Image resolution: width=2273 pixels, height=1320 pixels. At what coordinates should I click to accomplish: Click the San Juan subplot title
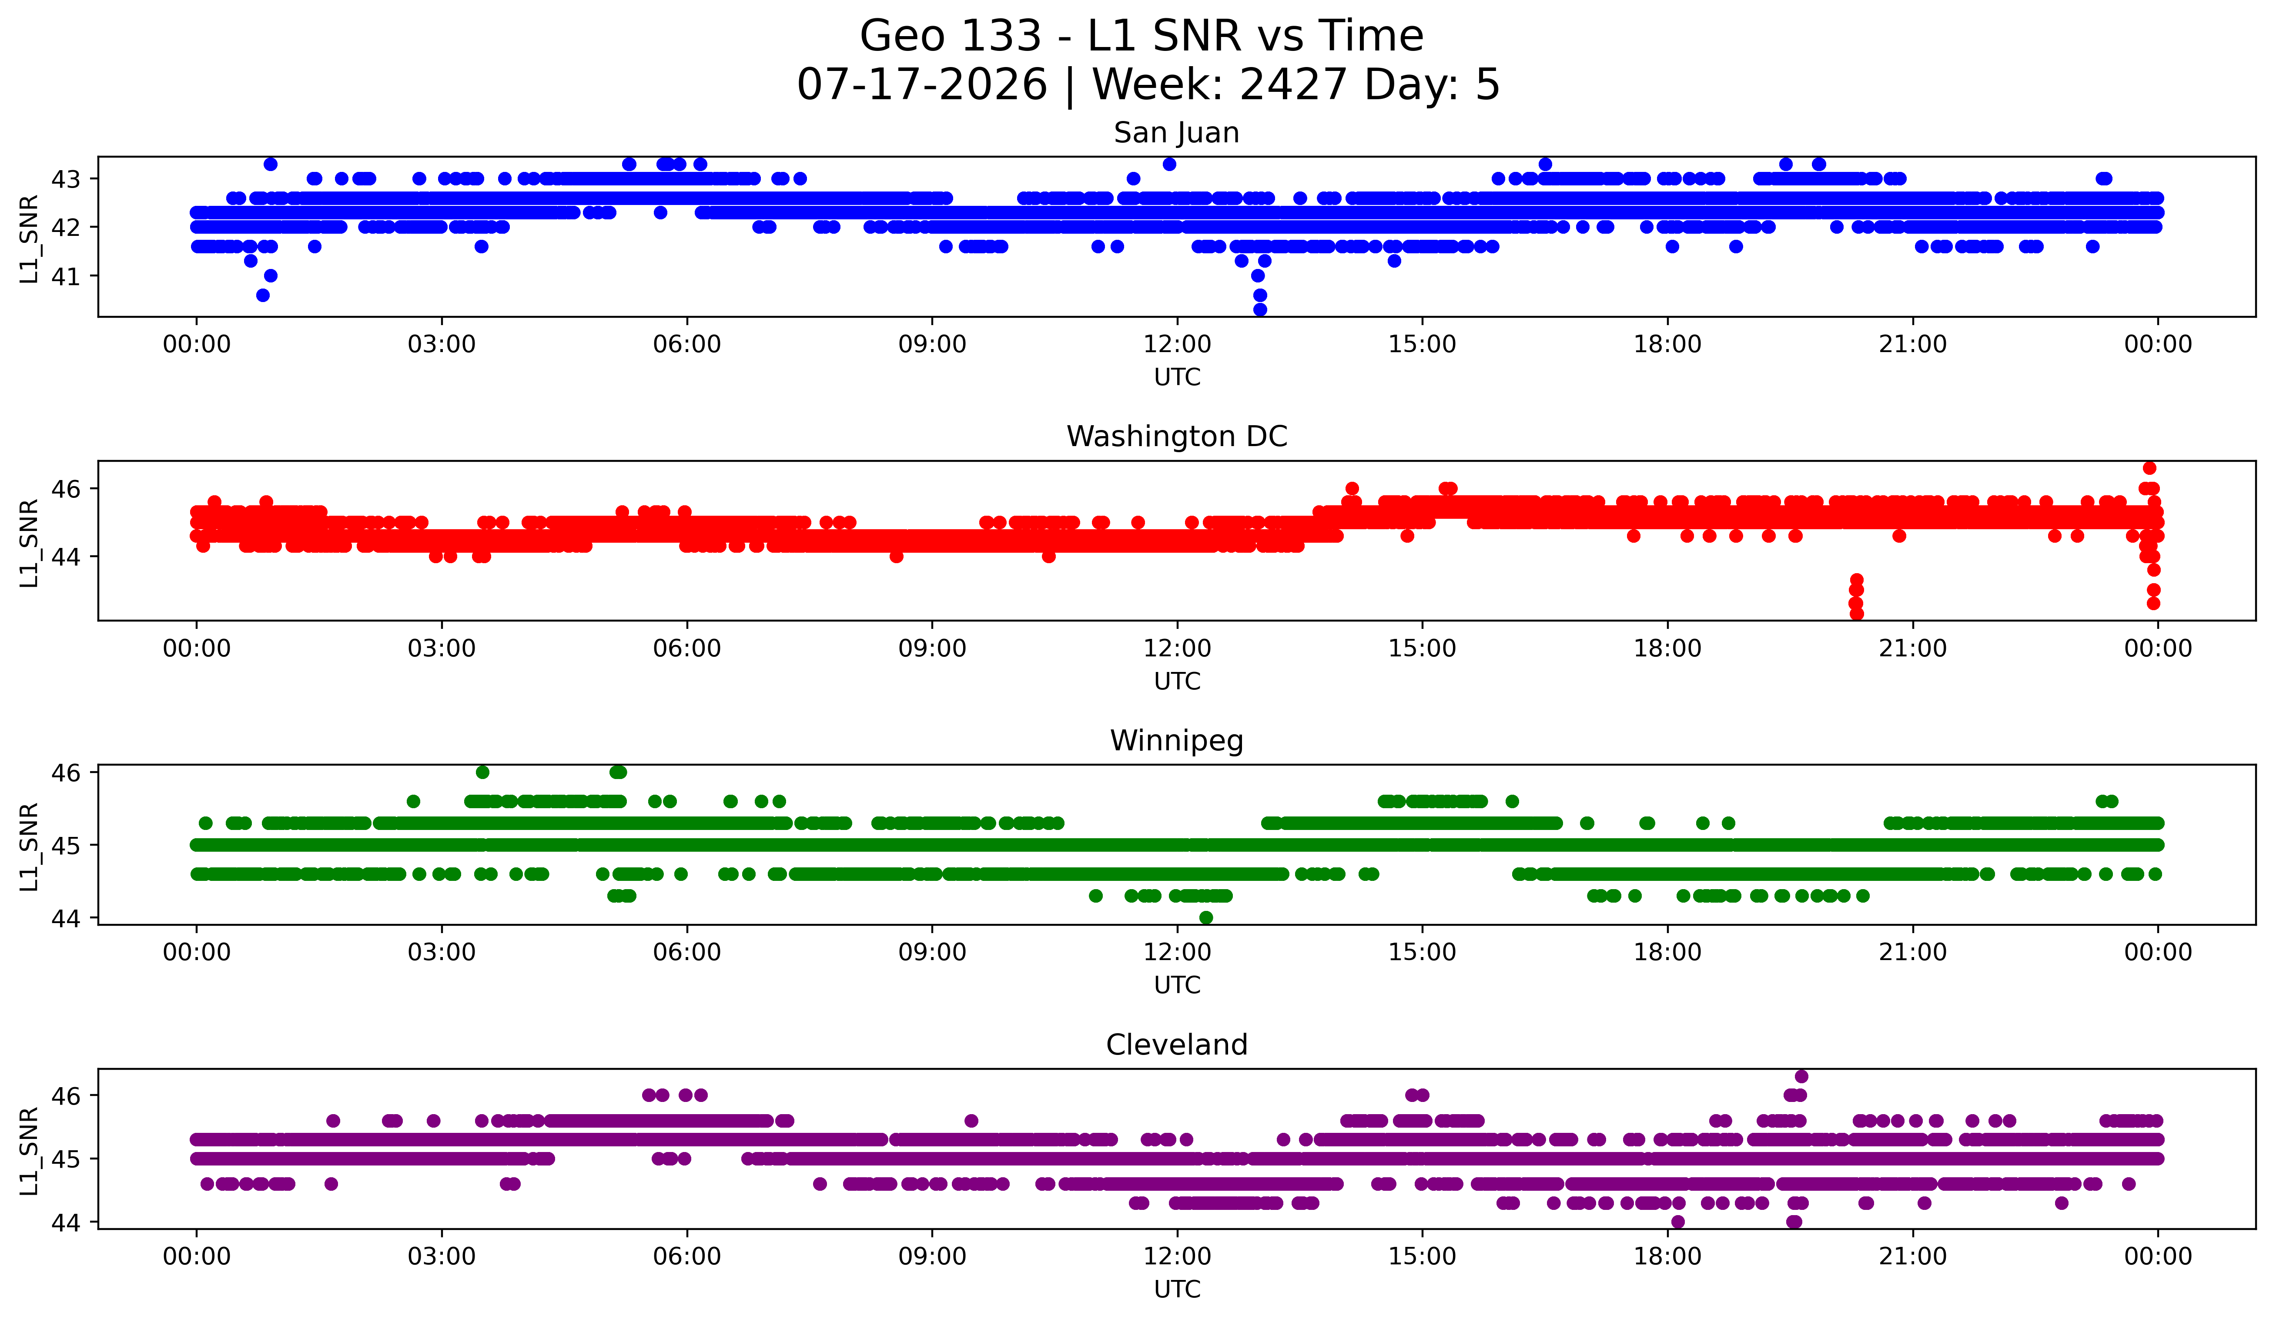1176,133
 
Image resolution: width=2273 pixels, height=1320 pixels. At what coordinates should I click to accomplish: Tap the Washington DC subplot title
1176,437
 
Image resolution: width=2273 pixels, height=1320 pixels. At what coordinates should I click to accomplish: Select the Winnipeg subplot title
1176,741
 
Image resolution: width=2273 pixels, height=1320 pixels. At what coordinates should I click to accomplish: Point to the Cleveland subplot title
1176,1045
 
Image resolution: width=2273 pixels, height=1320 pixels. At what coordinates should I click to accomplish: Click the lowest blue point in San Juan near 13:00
1260,309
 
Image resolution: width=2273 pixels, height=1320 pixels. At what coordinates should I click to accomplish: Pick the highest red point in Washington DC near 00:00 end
2149,467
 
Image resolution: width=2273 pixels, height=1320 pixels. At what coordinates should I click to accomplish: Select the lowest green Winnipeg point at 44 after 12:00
1206,917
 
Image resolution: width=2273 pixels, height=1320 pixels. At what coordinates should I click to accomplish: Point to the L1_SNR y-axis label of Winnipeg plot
29,846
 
